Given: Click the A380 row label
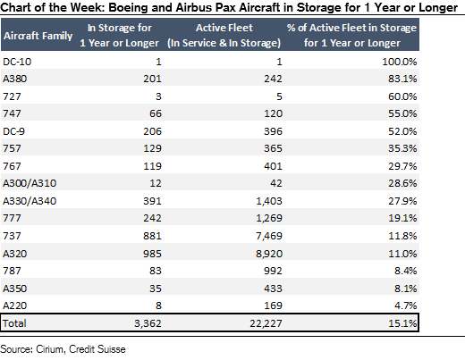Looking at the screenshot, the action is (14, 79).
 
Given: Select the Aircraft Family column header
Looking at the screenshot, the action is (38, 36).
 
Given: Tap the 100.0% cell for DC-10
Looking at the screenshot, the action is (400, 62).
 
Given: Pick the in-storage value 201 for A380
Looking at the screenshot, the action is (152, 79).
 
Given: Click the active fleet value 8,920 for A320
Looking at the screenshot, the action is (269, 254).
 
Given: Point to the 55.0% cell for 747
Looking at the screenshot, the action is (402, 113).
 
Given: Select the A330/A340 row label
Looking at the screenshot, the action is (30, 201).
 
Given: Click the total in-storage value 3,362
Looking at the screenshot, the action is (148, 323).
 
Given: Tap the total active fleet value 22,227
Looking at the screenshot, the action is (266, 323).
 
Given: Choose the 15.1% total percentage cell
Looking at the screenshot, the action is (402, 323).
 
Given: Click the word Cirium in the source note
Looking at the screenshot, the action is (50, 349).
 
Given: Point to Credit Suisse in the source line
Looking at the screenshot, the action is (97, 349).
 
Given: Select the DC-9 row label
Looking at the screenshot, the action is (13, 131).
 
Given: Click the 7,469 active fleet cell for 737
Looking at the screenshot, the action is (269, 236).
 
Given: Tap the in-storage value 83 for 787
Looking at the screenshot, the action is (156, 271).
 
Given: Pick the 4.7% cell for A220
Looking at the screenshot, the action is (406, 306).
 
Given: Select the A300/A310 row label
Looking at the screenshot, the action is (30, 183).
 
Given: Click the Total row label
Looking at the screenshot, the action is (14, 323).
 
